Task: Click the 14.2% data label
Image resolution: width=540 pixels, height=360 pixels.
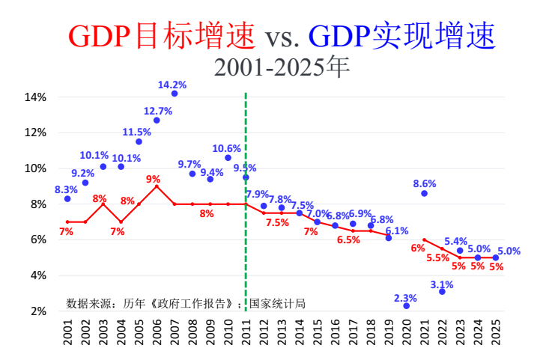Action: click(172, 85)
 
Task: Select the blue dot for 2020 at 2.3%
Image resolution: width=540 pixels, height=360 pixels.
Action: click(407, 306)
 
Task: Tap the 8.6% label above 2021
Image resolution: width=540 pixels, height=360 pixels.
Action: click(425, 183)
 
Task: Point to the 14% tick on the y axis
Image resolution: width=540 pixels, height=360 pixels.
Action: click(36, 97)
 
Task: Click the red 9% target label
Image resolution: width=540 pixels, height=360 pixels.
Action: click(153, 179)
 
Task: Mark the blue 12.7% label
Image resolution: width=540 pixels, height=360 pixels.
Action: click(158, 111)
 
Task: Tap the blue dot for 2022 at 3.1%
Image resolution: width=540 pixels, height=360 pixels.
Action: click(443, 291)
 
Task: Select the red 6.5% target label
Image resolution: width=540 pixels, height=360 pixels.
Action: click(348, 240)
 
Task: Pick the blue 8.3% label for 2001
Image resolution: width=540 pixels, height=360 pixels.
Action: click(66, 189)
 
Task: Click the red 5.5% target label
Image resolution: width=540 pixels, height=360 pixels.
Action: click(438, 257)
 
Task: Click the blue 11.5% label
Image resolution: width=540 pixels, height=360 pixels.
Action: click(137, 132)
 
